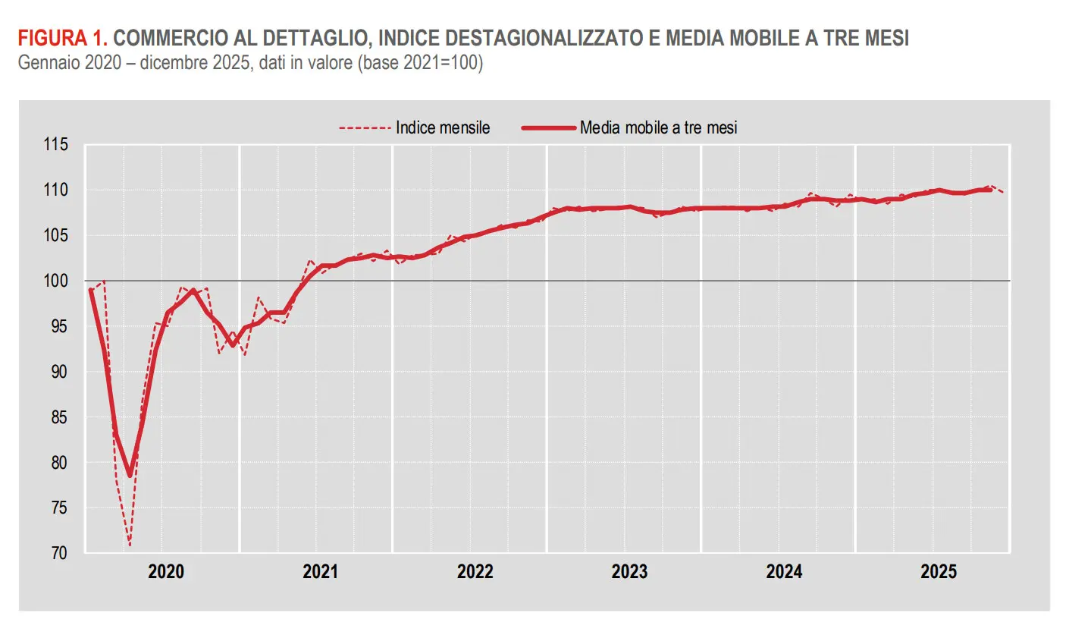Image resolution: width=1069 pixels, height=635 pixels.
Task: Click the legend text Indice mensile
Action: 443,127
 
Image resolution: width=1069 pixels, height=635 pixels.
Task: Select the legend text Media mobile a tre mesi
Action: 658,127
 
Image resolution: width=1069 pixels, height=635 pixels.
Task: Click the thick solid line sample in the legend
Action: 549,127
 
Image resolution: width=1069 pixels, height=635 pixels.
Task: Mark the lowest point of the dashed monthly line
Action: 130,545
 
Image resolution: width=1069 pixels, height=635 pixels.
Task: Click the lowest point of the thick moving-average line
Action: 130,476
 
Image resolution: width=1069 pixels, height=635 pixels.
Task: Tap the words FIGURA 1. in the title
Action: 64,38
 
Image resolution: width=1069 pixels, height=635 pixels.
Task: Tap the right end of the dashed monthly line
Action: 1004,193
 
